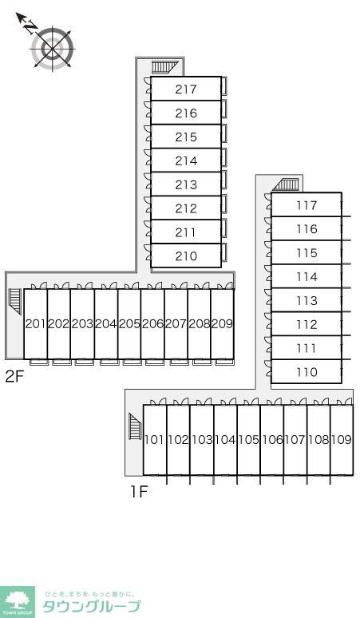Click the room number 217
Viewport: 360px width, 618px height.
(186, 89)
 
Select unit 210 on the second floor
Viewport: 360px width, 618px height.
(186, 256)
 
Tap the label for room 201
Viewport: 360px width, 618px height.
(36, 323)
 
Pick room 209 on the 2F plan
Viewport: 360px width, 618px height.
(222, 323)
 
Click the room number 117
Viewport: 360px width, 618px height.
(307, 205)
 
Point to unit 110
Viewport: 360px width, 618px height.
(307, 371)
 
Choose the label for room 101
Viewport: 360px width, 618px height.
(154, 439)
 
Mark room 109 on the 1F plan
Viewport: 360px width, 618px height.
(342, 439)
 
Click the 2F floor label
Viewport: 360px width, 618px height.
(15, 377)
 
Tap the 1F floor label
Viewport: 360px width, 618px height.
(139, 492)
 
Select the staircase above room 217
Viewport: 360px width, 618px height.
(162, 67)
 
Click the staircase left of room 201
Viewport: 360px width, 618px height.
(15, 301)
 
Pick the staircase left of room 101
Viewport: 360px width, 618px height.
(135, 426)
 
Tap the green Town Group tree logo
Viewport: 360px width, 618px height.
(18, 602)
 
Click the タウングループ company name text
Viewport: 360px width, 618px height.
(91, 606)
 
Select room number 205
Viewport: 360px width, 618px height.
(129, 323)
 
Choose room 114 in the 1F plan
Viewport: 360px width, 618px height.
(307, 277)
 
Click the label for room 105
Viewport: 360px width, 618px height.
(248, 439)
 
